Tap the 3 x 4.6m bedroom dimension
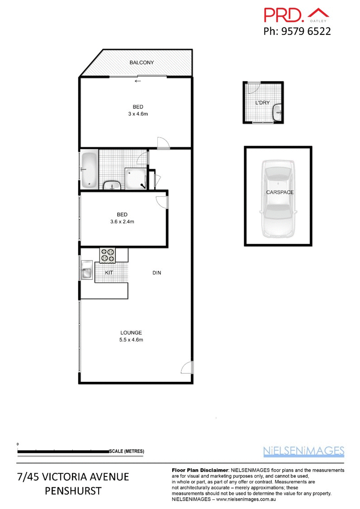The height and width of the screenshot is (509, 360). click(137, 114)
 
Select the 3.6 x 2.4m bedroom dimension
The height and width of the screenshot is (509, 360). click(122, 222)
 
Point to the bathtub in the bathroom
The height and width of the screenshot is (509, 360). click(89, 170)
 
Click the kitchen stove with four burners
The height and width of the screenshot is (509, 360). click(108, 255)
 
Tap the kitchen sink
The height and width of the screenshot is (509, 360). click(86, 272)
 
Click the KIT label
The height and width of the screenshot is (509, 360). click(109, 273)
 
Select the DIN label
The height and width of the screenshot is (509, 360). click(156, 273)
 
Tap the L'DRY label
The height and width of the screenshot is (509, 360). click(262, 103)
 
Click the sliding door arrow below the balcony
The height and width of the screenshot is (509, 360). click(137, 81)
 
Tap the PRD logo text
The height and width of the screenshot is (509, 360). click(284, 15)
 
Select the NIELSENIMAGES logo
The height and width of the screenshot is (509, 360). click(303, 451)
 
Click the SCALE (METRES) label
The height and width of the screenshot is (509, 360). click(127, 452)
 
